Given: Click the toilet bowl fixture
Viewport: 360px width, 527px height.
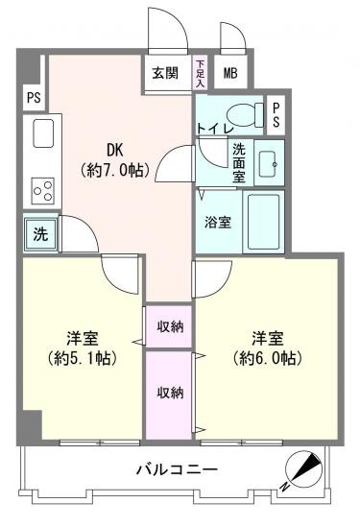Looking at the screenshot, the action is (x=246, y=114).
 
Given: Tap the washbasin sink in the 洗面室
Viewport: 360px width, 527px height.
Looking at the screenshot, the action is (x=268, y=164).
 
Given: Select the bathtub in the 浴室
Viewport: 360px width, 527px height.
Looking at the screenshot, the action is (x=263, y=222).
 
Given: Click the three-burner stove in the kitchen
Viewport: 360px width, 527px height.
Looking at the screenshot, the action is (x=43, y=191).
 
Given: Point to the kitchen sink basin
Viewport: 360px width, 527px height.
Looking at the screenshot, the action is (x=43, y=133).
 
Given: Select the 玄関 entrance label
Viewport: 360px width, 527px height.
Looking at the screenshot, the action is (x=165, y=73).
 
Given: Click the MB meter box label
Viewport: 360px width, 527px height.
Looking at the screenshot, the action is (x=230, y=73).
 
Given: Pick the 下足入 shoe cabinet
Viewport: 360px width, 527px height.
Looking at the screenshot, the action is (x=200, y=73).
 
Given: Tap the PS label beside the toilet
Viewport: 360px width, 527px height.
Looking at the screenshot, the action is (x=276, y=115).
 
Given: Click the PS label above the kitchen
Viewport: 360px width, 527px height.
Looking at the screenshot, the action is (x=34, y=98).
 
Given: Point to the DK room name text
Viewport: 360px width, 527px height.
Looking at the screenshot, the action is (x=115, y=151).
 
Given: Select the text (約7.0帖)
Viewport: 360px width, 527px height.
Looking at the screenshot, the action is (x=114, y=171).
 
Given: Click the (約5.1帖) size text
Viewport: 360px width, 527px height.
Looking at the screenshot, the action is (x=83, y=358).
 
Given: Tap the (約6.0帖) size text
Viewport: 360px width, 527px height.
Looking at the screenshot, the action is (x=268, y=358).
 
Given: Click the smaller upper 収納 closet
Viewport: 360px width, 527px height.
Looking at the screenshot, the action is (x=169, y=326).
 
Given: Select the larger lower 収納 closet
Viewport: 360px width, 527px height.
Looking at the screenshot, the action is (x=169, y=395).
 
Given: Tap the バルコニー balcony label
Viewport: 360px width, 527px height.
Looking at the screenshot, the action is (x=177, y=469).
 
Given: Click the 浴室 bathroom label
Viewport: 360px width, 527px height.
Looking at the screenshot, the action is (x=218, y=222).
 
